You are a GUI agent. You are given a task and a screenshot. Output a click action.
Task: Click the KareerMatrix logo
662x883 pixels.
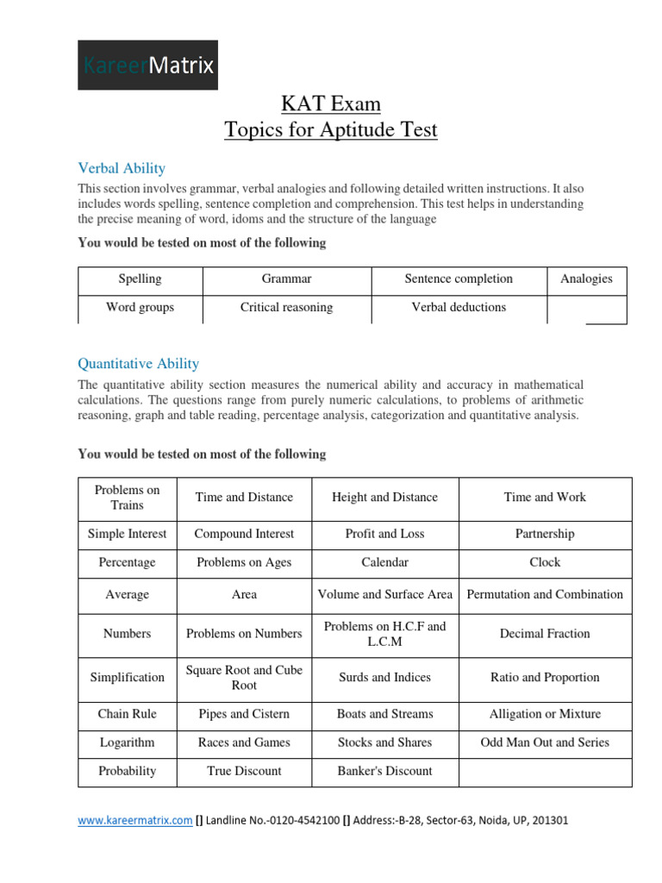click(x=147, y=65)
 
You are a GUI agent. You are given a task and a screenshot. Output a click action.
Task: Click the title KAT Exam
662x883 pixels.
click(x=331, y=104)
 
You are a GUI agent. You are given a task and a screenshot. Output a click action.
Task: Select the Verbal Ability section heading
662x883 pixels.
click(x=122, y=168)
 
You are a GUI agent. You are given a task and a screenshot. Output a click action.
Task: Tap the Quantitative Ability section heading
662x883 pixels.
click(x=138, y=364)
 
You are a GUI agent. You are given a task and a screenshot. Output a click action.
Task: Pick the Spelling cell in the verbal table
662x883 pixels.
click(x=140, y=279)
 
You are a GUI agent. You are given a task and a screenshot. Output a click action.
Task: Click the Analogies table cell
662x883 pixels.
click(x=586, y=279)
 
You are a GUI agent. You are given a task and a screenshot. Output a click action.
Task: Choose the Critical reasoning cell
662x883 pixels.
click(x=286, y=308)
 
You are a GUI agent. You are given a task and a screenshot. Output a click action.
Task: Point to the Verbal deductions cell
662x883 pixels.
click(x=459, y=308)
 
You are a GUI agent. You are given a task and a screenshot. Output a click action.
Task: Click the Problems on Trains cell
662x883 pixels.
click(x=128, y=498)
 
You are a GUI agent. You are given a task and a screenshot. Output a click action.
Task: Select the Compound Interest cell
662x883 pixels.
click(x=244, y=534)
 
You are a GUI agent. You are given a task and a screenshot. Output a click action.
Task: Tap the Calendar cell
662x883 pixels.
click(x=384, y=562)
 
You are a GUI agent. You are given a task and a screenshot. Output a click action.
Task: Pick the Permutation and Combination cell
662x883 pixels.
click(x=545, y=595)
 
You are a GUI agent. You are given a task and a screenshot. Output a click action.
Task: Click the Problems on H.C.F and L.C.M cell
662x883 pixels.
click(x=384, y=634)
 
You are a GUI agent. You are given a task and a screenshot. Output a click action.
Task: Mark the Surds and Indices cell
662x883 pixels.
click(x=384, y=678)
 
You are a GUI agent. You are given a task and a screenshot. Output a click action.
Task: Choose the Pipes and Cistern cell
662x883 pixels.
click(x=244, y=714)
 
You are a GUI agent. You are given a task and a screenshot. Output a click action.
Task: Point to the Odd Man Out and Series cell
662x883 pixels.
click(x=545, y=742)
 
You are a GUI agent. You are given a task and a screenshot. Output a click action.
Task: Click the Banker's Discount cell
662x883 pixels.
click(x=384, y=771)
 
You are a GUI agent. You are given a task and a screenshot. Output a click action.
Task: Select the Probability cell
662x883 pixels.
click(x=128, y=771)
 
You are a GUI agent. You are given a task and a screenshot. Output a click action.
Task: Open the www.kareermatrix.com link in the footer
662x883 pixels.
click(x=135, y=822)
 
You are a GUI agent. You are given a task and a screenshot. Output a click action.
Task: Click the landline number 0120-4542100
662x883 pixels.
click(x=294, y=822)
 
